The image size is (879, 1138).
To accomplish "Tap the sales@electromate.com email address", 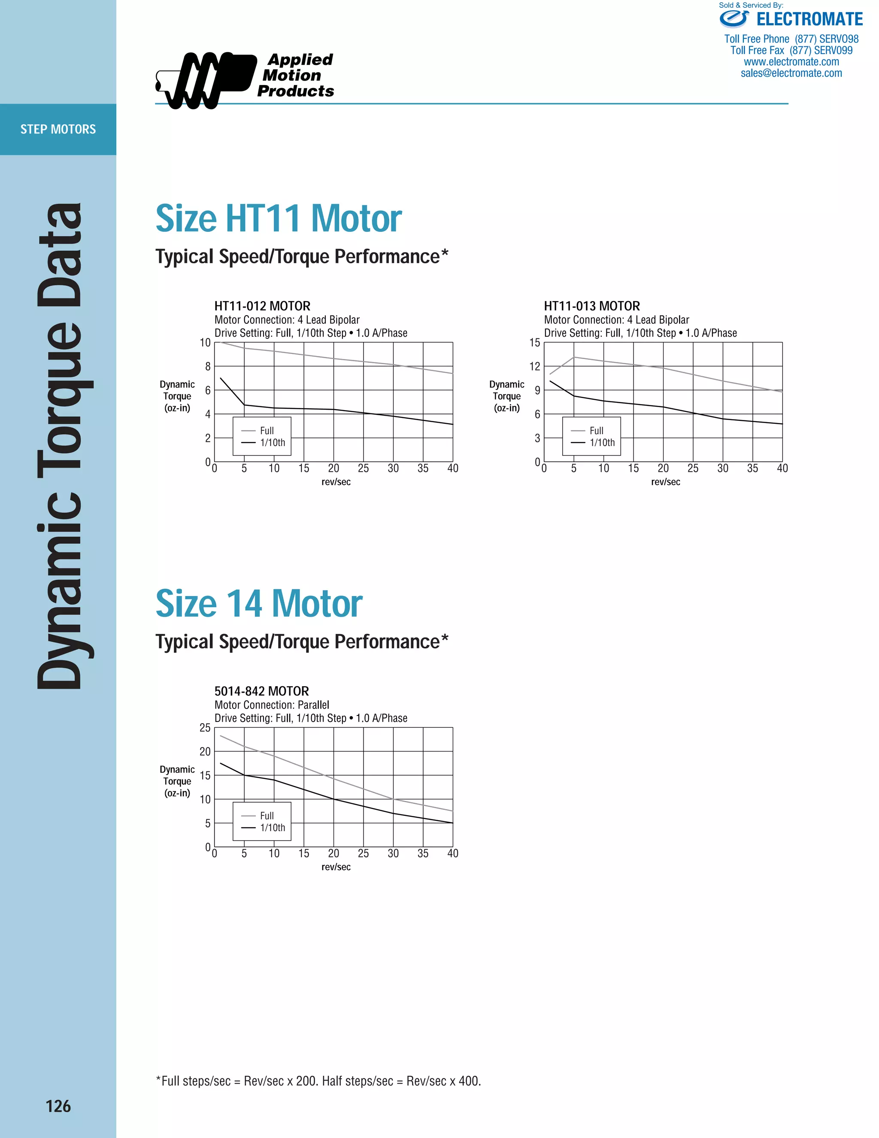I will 791,73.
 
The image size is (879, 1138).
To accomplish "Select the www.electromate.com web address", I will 791,62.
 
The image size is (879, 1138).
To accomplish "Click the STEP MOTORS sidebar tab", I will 58,129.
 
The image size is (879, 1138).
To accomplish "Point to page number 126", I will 58,1106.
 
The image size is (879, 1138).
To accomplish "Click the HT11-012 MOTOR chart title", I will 262,306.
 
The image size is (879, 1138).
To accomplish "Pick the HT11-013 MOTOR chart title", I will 591,306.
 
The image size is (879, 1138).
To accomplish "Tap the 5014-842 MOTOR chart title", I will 261,691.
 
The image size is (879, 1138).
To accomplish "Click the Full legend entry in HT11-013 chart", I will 596,431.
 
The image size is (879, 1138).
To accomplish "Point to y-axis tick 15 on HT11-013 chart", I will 535,343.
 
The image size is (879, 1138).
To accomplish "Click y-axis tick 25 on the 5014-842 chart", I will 205,728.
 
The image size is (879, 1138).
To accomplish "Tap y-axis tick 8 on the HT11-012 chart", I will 208,367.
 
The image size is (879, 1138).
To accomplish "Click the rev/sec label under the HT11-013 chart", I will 666,482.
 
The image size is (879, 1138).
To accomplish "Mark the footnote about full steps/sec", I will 318,1081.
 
